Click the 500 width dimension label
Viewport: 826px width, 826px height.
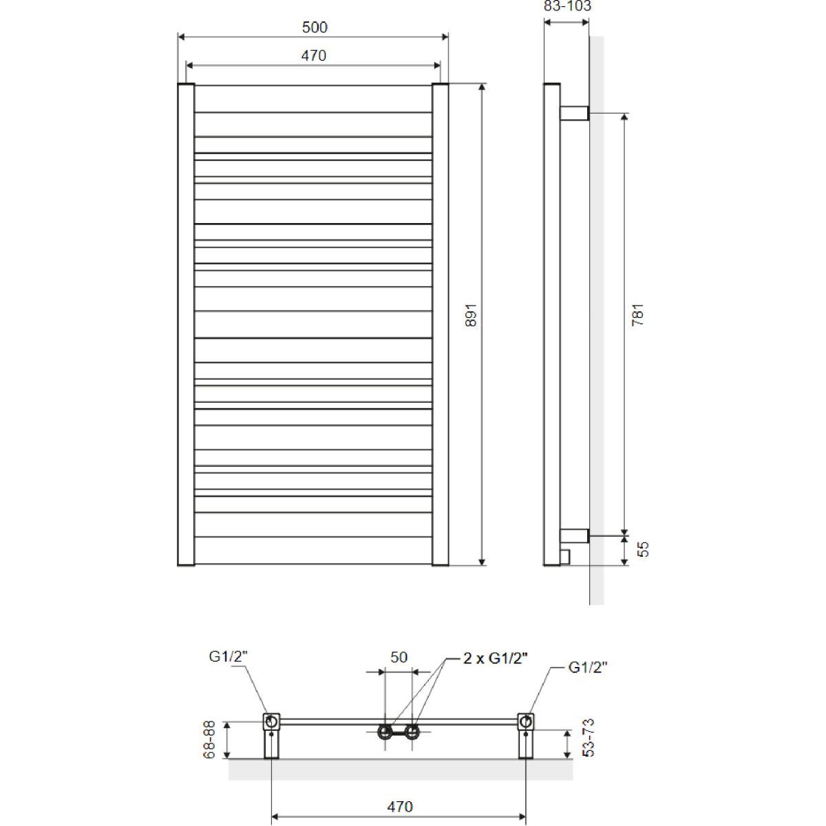pos(315,28)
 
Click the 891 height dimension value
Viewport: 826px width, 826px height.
pos(471,315)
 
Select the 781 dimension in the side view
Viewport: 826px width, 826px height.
pos(637,315)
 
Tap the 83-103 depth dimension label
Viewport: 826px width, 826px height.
pos(567,6)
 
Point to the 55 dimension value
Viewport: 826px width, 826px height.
pos(643,549)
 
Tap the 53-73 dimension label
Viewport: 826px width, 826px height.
pos(589,738)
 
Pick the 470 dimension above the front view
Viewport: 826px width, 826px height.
pos(313,56)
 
